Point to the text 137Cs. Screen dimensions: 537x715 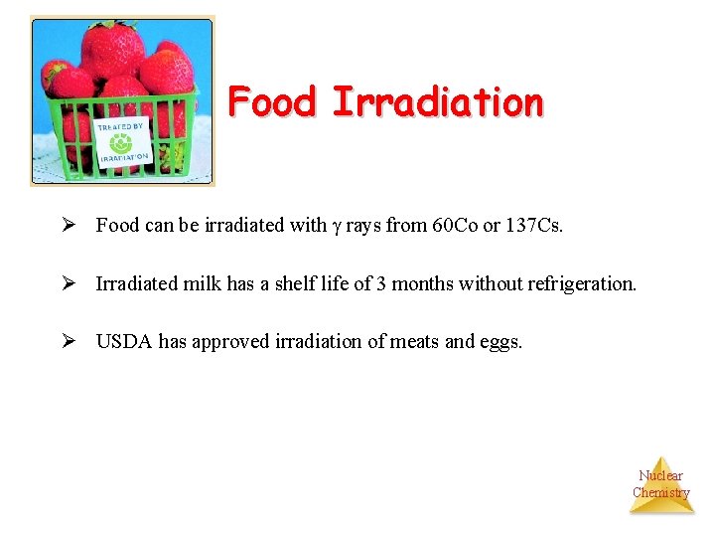[x=534, y=226]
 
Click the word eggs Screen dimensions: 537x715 [x=501, y=341]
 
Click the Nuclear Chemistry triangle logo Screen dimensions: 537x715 [x=661, y=485]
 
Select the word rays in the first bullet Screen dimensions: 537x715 [x=362, y=226]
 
